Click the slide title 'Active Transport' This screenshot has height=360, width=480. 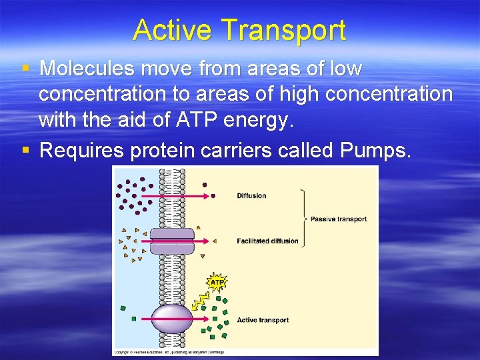(239, 31)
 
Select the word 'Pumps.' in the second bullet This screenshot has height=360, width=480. (375, 150)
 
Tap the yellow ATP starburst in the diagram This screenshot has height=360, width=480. (217, 283)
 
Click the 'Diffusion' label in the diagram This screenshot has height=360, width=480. (251, 195)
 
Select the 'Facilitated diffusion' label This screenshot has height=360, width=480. (267, 241)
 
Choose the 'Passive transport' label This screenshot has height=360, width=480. (339, 219)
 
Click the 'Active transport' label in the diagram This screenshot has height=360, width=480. (263, 320)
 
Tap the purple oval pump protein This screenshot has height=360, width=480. (173, 319)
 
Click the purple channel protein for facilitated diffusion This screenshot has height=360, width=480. (172, 241)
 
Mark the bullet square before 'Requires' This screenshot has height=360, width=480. (25, 150)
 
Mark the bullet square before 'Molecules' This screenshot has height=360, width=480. (25, 69)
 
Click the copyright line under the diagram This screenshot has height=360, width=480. (169, 351)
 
